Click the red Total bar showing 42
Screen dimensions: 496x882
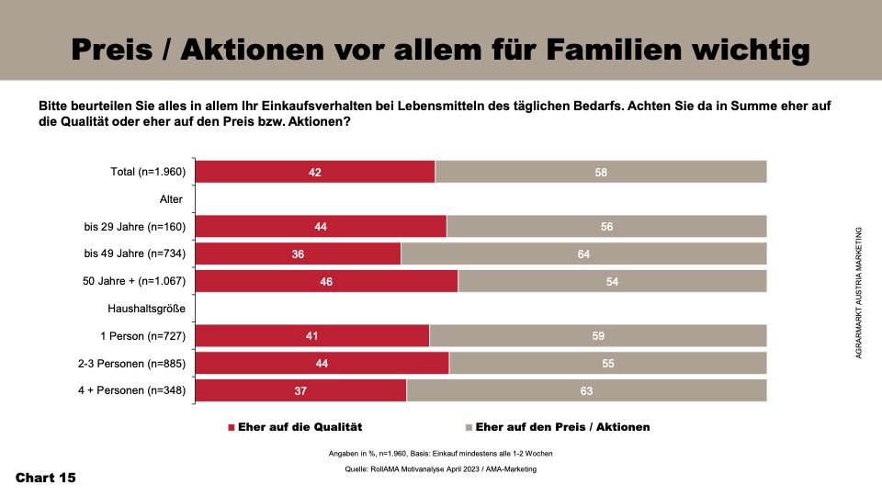(x=315, y=172)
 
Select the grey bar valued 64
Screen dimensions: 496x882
(x=583, y=254)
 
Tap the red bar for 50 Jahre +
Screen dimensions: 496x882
(x=326, y=281)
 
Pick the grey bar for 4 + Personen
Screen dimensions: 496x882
(x=586, y=390)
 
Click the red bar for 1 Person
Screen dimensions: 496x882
(x=312, y=336)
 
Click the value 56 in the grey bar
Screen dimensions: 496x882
(x=607, y=227)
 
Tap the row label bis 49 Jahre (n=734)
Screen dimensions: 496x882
(x=135, y=254)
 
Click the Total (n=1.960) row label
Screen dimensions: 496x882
(x=147, y=172)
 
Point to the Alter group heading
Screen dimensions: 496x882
(x=172, y=199)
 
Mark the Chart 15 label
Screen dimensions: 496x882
(x=46, y=478)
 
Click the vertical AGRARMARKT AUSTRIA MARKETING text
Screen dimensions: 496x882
(x=858, y=294)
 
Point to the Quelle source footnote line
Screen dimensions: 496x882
(x=440, y=468)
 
